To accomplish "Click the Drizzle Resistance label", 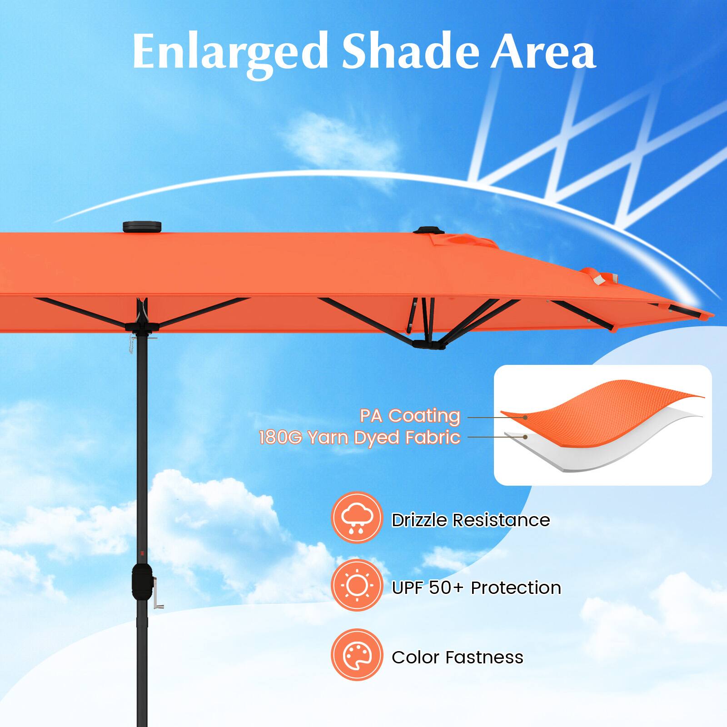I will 470,520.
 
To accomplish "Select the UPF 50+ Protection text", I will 476,588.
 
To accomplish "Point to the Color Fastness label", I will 457,657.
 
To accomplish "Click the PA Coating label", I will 410,416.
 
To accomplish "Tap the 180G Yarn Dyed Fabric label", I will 359,438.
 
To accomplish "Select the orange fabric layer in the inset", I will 604,400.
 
